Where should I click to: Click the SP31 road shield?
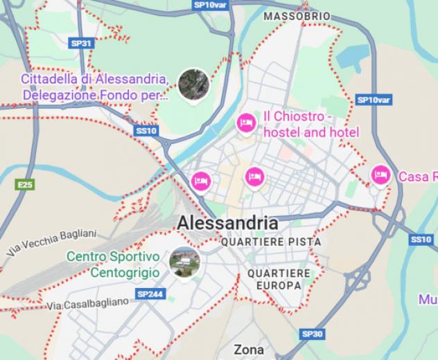pos(81,43)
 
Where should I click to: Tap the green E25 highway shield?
pos(26,184)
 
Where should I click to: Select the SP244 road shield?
pos(150,294)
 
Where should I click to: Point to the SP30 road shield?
pos(313,334)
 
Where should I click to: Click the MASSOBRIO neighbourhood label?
pos(297,16)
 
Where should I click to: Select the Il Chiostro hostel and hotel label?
pos(310,124)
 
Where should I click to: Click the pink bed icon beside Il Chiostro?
pos(245,123)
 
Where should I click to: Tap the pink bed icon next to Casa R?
pos(380,175)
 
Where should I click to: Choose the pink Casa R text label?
pos(417,177)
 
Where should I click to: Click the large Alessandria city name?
pos(227,223)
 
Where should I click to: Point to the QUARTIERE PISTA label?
pos(270,242)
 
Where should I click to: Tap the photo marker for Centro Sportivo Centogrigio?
pos(185,262)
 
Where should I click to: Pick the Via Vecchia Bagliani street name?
pos(50,245)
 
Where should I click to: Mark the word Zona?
pos(249,350)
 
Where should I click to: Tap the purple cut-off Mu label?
pos(428,299)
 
